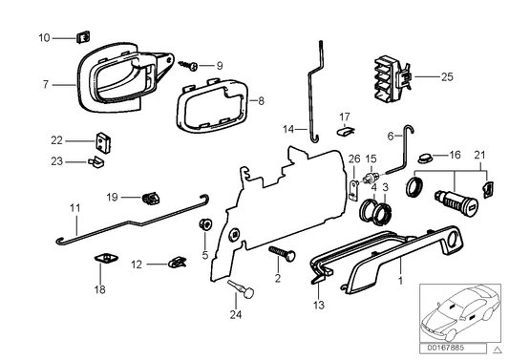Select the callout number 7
point(45,84)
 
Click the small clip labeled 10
point(81,38)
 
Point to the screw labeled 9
point(191,66)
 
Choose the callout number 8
point(265,98)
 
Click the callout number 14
point(288,129)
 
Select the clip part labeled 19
point(148,199)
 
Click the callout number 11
point(46,207)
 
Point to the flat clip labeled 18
point(103,259)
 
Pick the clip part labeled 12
point(176,260)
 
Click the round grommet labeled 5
point(203,225)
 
